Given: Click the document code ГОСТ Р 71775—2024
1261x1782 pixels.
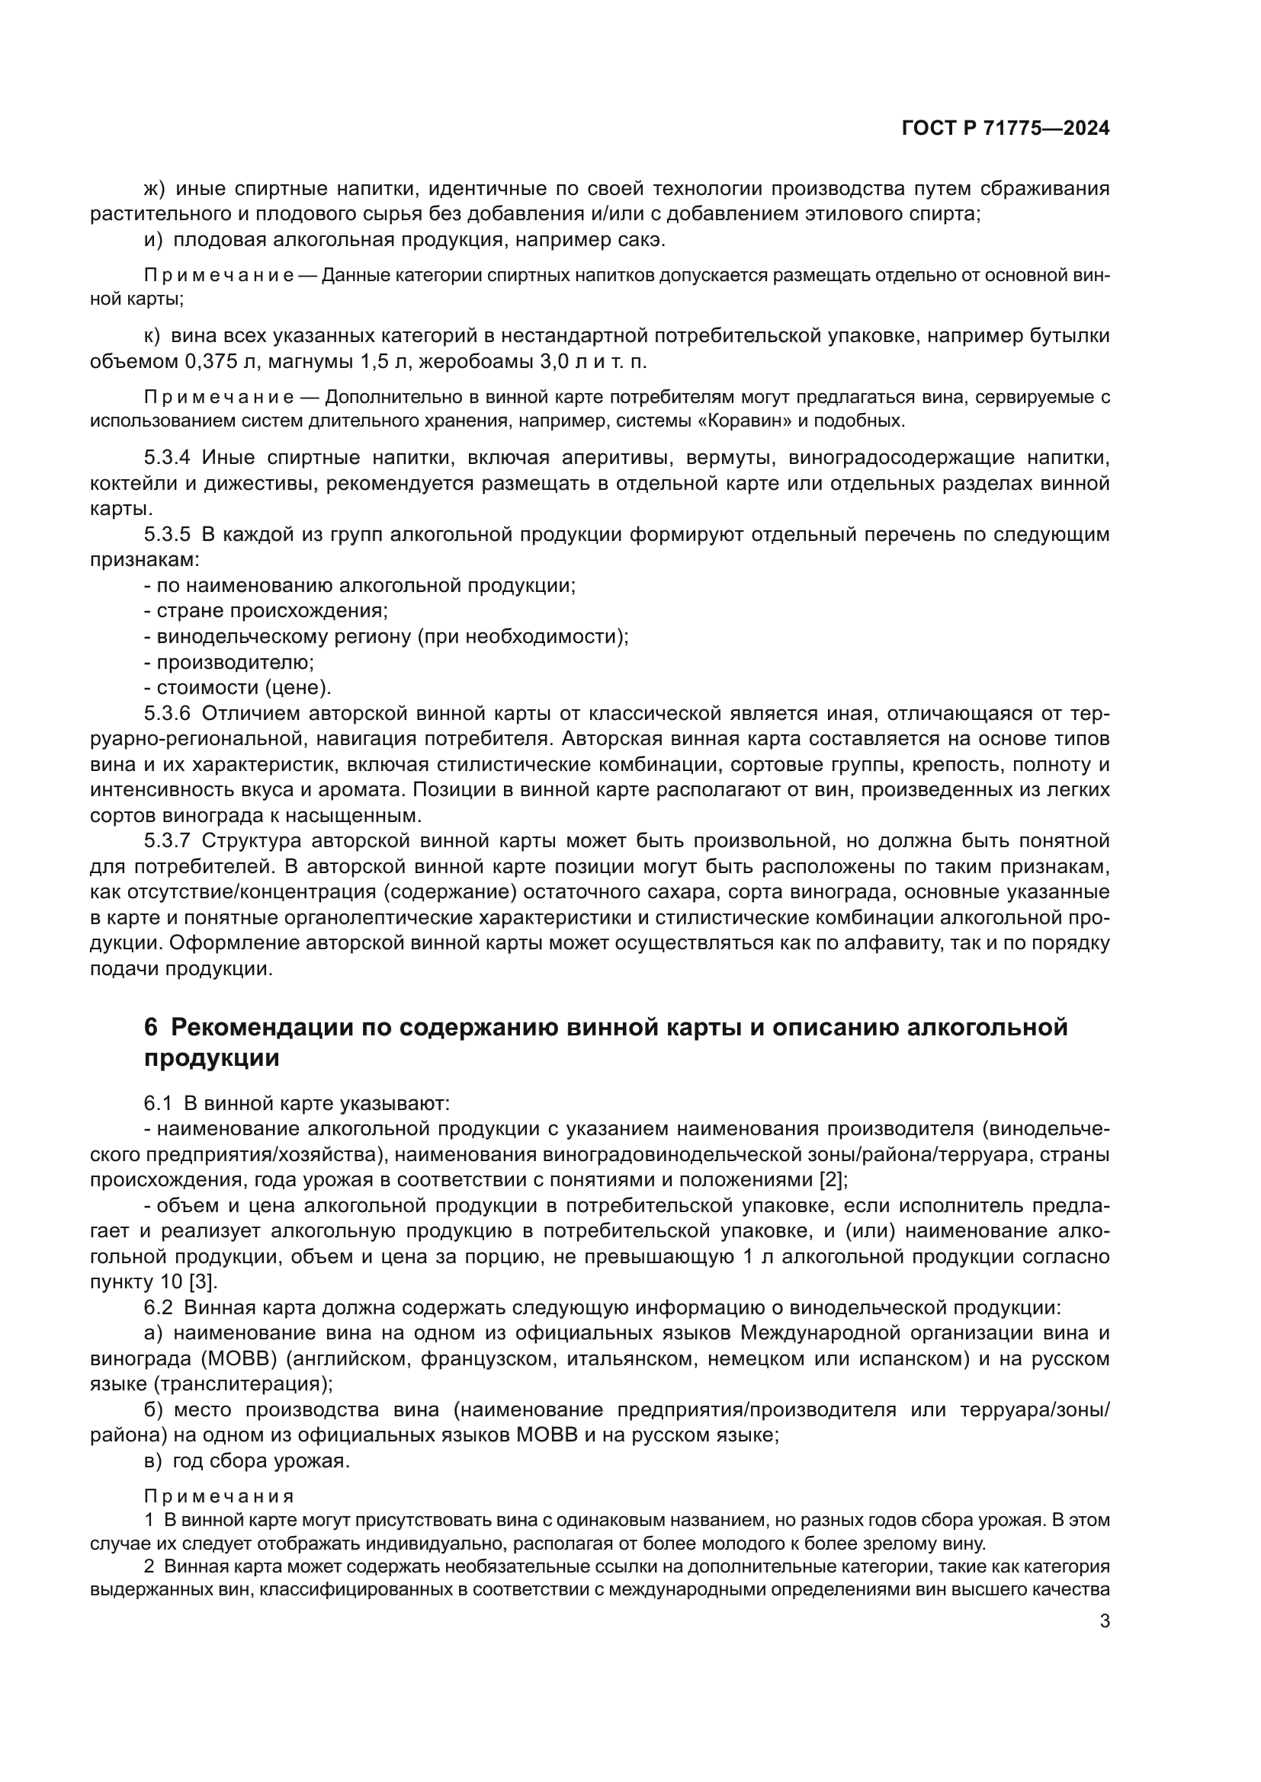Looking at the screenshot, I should (x=1005, y=129).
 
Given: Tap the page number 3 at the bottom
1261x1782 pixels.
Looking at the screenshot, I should (x=1104, y=1621).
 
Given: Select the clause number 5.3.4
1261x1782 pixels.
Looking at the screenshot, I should (x=167, y=458).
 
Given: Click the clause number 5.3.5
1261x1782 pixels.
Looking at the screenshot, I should (x=167, y=535).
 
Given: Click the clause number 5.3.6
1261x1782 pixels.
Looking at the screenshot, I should (x=167, y=713).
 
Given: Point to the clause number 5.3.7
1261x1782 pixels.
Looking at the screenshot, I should (x=167, y=840).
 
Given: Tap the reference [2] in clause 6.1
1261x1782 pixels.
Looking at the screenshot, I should (x=833, y=1179).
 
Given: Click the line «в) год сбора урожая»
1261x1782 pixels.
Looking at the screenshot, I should (x=247, y=1460).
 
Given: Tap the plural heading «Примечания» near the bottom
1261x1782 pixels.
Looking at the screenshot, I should (x=219, y=1496).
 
